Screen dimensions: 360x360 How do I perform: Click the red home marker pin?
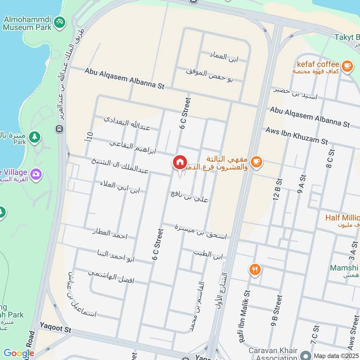180,162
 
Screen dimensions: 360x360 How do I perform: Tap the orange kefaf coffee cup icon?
346,66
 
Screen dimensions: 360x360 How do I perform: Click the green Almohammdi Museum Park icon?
59,22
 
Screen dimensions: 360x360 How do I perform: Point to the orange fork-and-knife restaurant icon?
255,270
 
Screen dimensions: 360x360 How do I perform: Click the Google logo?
18,354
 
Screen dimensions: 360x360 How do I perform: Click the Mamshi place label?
344,268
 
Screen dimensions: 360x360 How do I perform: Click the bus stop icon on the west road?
59,129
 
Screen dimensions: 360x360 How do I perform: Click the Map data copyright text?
336,355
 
